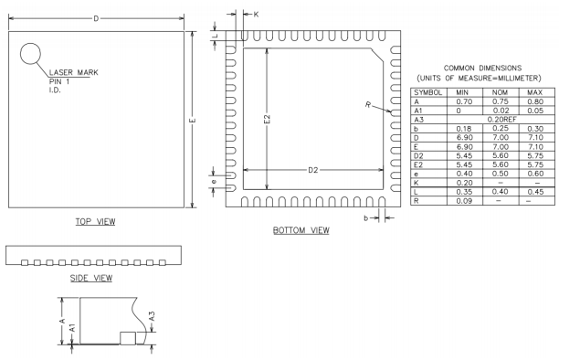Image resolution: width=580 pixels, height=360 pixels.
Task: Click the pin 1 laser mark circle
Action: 30,43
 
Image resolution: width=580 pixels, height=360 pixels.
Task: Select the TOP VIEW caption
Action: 95,222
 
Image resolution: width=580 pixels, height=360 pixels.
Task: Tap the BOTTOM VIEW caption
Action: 301,230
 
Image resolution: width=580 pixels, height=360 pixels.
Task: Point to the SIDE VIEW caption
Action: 91,279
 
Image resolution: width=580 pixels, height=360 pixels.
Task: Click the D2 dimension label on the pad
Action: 313,170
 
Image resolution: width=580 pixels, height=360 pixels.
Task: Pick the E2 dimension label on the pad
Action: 267,119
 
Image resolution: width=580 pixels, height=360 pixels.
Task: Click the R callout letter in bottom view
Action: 368,105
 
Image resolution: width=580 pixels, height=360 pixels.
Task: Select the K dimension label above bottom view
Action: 256,15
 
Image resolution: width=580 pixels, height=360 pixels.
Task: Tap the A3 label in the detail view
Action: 152,316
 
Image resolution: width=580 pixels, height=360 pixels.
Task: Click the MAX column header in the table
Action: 535,92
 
